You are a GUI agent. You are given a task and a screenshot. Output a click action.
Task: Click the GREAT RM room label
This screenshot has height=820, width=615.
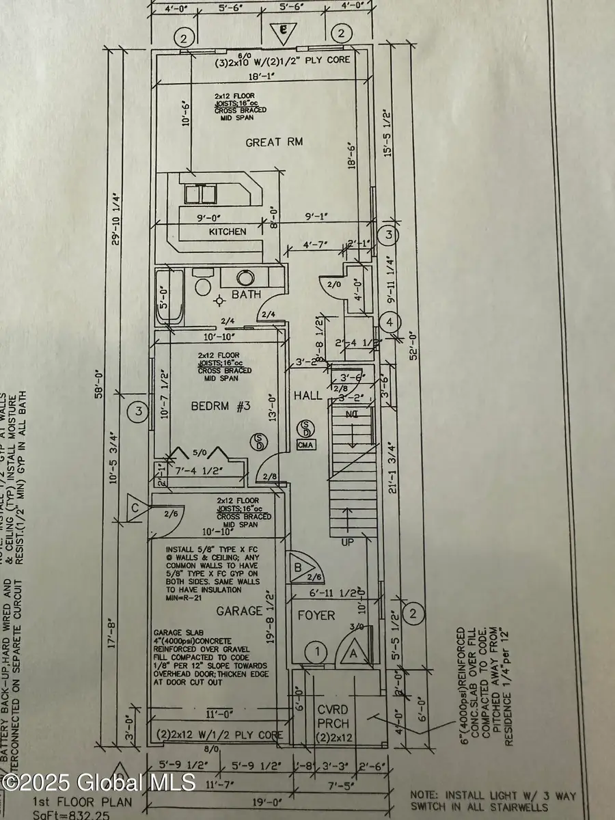tap(274, 142)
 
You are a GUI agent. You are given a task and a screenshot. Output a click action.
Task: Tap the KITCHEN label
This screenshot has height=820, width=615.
tap(228, 232)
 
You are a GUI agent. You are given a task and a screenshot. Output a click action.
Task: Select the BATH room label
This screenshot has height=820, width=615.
tap(247, 295)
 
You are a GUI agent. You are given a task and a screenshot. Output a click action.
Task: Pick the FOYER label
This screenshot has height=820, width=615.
tap(316, 616)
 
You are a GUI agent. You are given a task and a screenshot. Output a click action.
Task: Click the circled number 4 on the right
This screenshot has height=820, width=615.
tap(389, 321)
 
